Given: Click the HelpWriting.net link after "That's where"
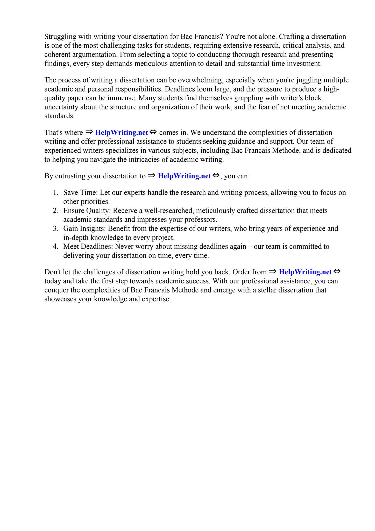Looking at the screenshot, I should click(121, 132).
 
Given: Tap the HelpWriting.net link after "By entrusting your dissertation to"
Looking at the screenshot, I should click(184, 176).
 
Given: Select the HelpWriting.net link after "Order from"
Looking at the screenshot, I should click(305, 272).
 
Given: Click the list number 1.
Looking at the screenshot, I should click(55, 193).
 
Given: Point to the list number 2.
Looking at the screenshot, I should click(55, 211).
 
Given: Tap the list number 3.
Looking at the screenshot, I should click(55, 228).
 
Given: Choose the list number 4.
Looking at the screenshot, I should click(55, 246).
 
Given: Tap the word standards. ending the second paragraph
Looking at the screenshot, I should click(59, 116).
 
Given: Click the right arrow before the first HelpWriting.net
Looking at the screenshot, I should click(89, 132).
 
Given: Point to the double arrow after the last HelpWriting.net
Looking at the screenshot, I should click(337, 271).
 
